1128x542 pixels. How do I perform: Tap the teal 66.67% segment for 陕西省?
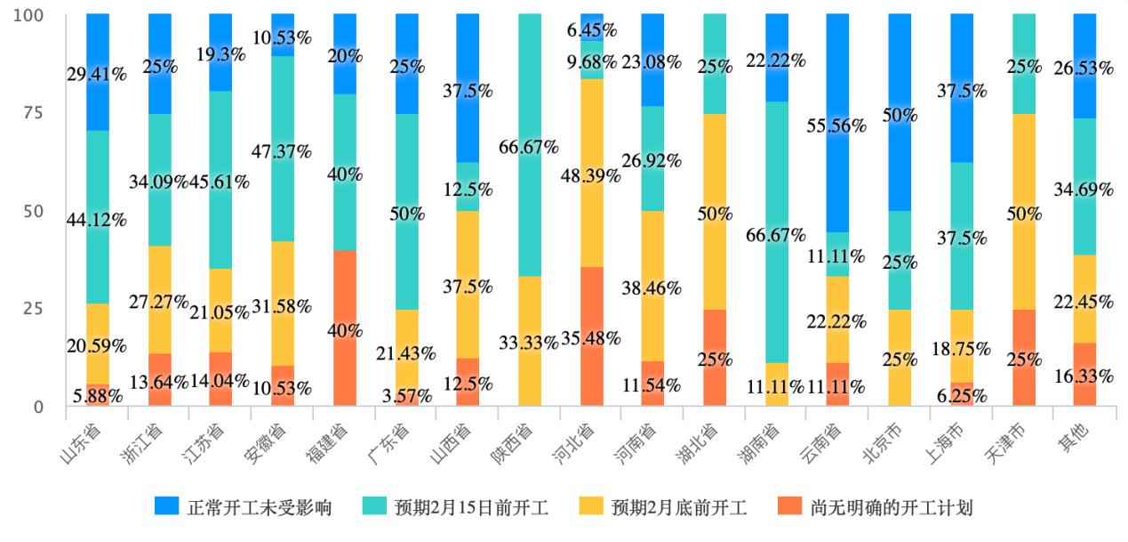(x=529, y=145)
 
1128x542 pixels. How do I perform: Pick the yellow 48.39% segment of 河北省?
(x=591, y=173)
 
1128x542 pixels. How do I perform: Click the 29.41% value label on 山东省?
(x=96, y=75)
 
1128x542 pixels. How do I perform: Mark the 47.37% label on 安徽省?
(x=282, y=151)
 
